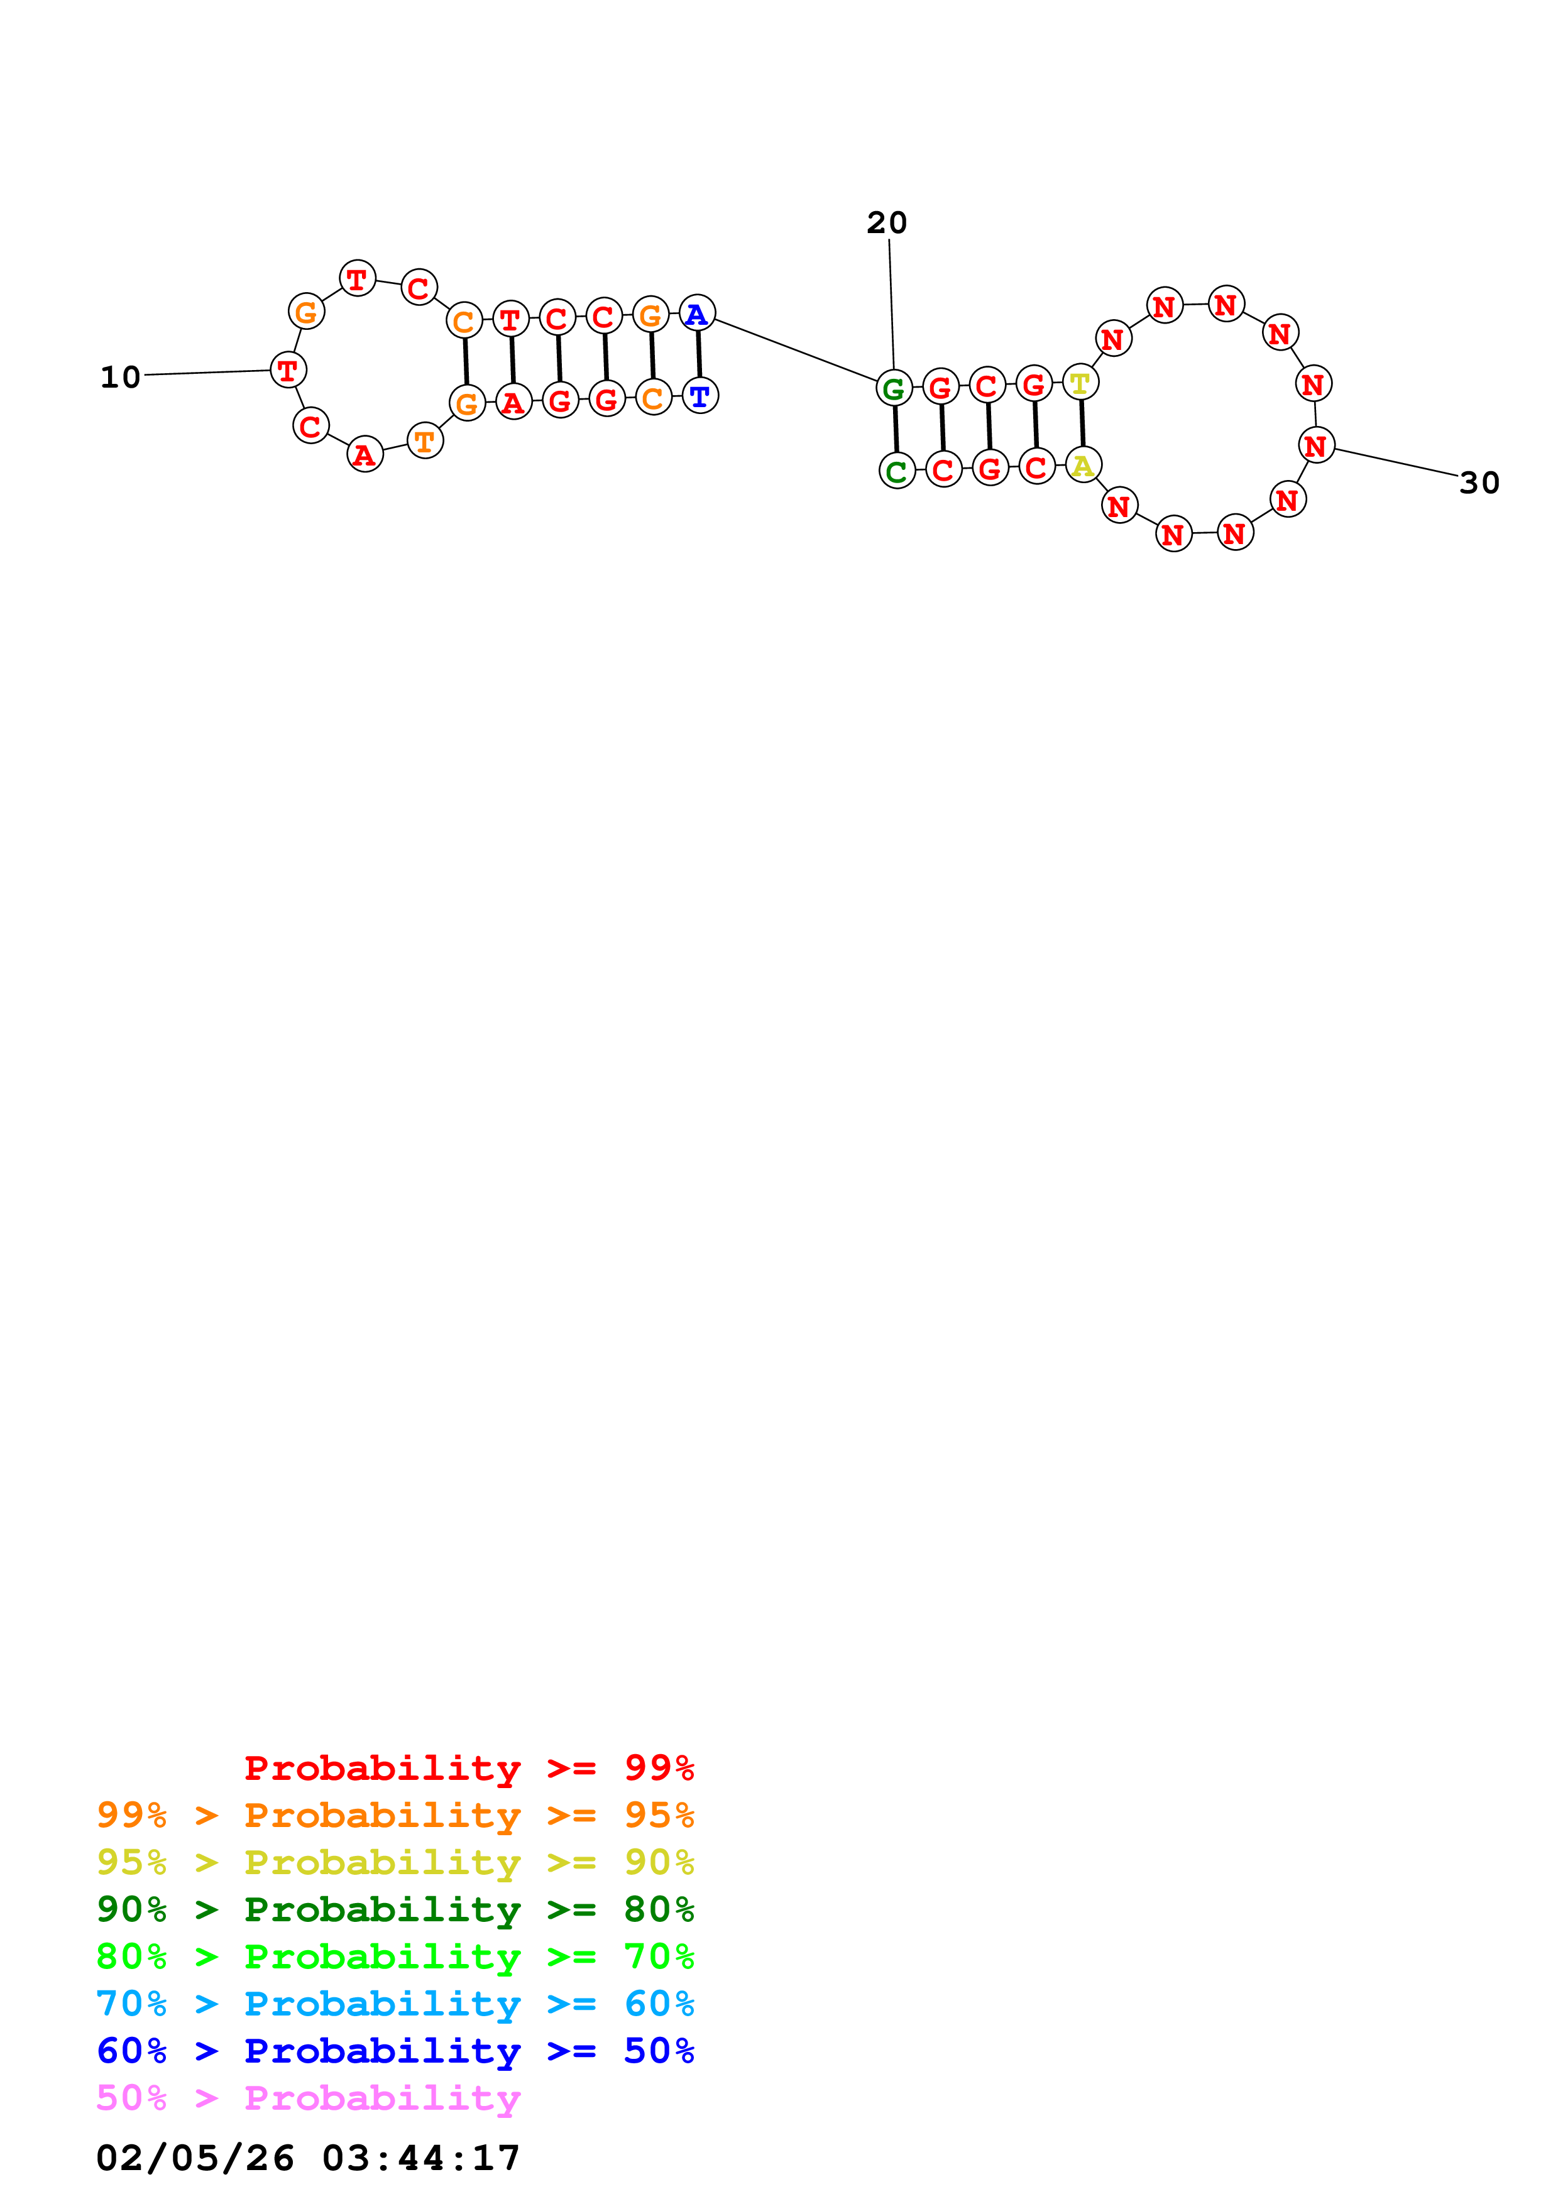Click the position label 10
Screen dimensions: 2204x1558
coord(120,377)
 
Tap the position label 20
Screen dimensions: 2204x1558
coord(886,222)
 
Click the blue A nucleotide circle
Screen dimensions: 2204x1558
coord(697,314)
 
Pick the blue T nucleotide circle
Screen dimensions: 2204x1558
coord(699,395)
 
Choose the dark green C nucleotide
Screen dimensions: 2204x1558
coord(897,471)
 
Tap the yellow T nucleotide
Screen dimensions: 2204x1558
coord(1080,383)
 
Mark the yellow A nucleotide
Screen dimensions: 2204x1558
coord(1083,466)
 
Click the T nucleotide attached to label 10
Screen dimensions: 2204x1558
coord(288,369)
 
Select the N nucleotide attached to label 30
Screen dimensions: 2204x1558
coord(1316,445)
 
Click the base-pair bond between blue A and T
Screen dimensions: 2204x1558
coord(699,354)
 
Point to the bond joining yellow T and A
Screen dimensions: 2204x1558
coord(1082,424)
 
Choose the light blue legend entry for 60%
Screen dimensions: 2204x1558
coord(395,2004)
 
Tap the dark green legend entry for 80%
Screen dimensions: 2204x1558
coord(395,1910)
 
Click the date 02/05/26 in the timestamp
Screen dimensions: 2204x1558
coord(195,2159)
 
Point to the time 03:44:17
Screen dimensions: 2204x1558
coord(420,2159)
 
